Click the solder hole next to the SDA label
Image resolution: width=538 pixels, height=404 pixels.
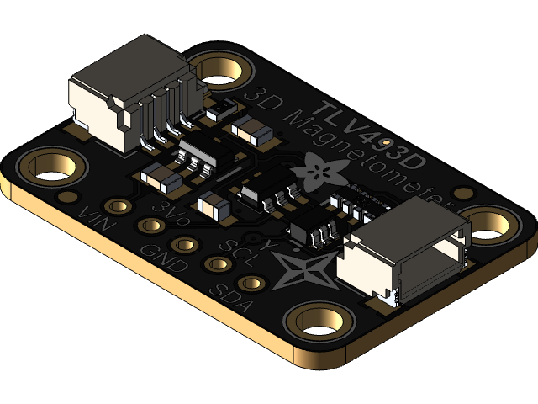click(x=250, y=284)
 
